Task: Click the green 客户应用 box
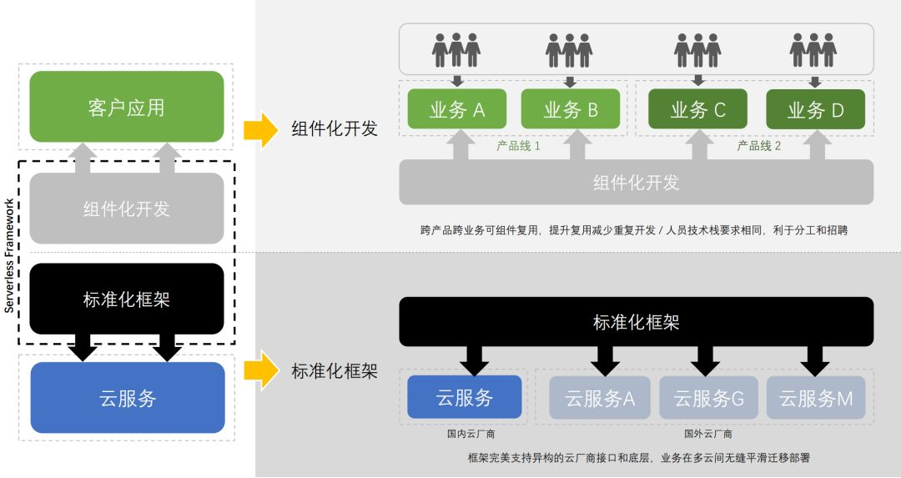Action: tap(127, 107)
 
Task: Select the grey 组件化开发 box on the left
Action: tap(127, 209)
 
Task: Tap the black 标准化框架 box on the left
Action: tap(127, 299)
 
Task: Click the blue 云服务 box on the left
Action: tap(127, 398)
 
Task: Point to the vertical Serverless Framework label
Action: tap(9, 255)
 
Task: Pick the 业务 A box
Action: tap(456, 109)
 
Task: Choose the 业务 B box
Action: tap(571, 109)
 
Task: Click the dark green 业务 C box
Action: tap(697, 109)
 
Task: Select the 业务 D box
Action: tap(815, 109)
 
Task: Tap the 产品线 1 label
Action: tap(518, 146)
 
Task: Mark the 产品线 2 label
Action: tap(758, 146)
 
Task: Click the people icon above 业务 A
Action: tap(456, 50)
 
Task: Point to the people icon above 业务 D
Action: tap(813, 50)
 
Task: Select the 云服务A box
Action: tap(600, 398)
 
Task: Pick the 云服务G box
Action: tap(708, 398)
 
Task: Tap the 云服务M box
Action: tap(816, 398)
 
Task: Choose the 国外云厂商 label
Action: tap(708, 434)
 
